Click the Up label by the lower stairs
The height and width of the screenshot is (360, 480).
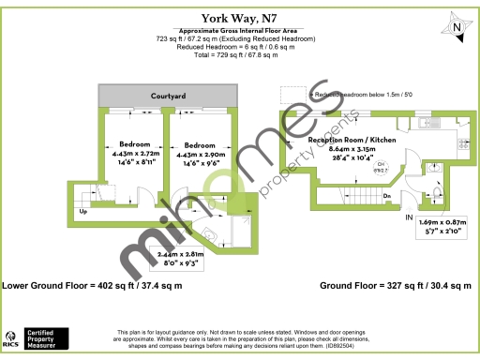(83, 212)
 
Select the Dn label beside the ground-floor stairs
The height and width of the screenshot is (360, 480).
(386, 195)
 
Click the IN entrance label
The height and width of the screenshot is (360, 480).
(408, 217)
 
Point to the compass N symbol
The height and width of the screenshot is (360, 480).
(457, 28)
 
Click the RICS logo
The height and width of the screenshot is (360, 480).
(11, 337)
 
